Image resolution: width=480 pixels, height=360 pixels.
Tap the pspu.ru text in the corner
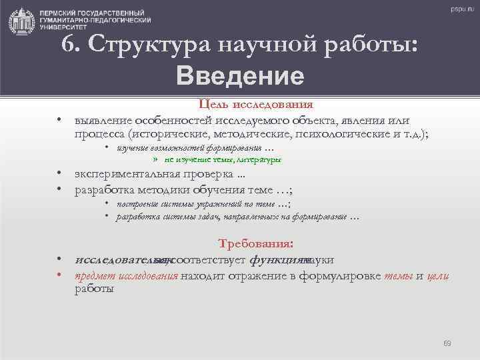pos(459,9)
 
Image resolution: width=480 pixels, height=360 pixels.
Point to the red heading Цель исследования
pos(257,105)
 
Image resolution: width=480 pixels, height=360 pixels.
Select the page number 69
pos(447,343)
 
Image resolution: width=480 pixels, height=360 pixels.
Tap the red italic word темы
pos(398,276)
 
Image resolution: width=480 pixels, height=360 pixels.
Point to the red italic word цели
pos(437,276)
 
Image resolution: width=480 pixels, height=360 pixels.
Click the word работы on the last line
pos(94,289)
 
